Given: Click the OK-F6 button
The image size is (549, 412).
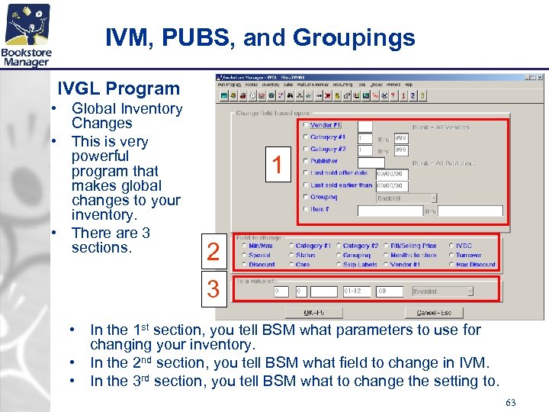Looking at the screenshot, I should point(313,313).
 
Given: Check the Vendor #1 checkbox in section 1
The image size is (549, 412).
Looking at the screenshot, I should point(307,125).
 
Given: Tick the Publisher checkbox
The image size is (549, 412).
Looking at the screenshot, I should point(307,161).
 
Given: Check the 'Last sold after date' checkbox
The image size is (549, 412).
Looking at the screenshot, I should point(307,173).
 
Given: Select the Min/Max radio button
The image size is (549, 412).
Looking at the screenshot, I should point(243,246).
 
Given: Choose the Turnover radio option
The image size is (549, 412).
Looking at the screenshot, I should point(451,256).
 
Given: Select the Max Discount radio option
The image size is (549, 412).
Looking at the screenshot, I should point(451,265).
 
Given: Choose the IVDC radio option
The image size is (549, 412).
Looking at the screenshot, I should point(451,246).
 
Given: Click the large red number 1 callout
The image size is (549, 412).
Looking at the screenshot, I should point(278,163).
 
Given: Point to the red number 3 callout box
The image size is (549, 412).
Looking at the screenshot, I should point(213,290).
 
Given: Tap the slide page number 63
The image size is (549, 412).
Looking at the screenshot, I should point(510,402).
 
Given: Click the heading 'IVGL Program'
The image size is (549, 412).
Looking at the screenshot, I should point(118,89).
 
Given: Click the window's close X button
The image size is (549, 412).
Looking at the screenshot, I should point(540,77).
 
